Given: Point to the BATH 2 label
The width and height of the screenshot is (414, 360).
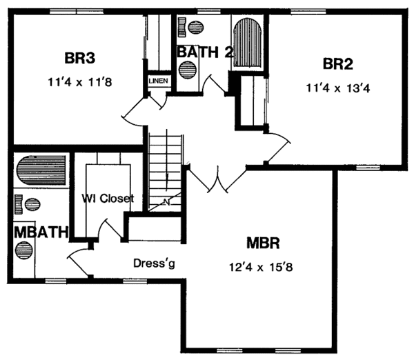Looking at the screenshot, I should pyautogui.click(x=205, y=52).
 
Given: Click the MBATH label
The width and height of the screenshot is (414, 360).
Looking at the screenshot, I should pyautogui.click(x=41, y=232).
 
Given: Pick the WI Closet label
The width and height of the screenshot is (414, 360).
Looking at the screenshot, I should pyautogui.click(x=107, y=199).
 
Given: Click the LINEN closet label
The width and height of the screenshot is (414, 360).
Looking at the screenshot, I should pyautogui.click(x=157, y=81).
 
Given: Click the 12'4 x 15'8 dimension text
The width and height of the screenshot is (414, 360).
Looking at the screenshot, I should pyautogui.click(x=266, y=266).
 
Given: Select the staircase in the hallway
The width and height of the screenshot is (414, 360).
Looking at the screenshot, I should pyautogui.click(x=166, y=169).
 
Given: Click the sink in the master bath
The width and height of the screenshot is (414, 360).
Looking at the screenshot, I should pyautogui.click(x=33, y=205).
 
